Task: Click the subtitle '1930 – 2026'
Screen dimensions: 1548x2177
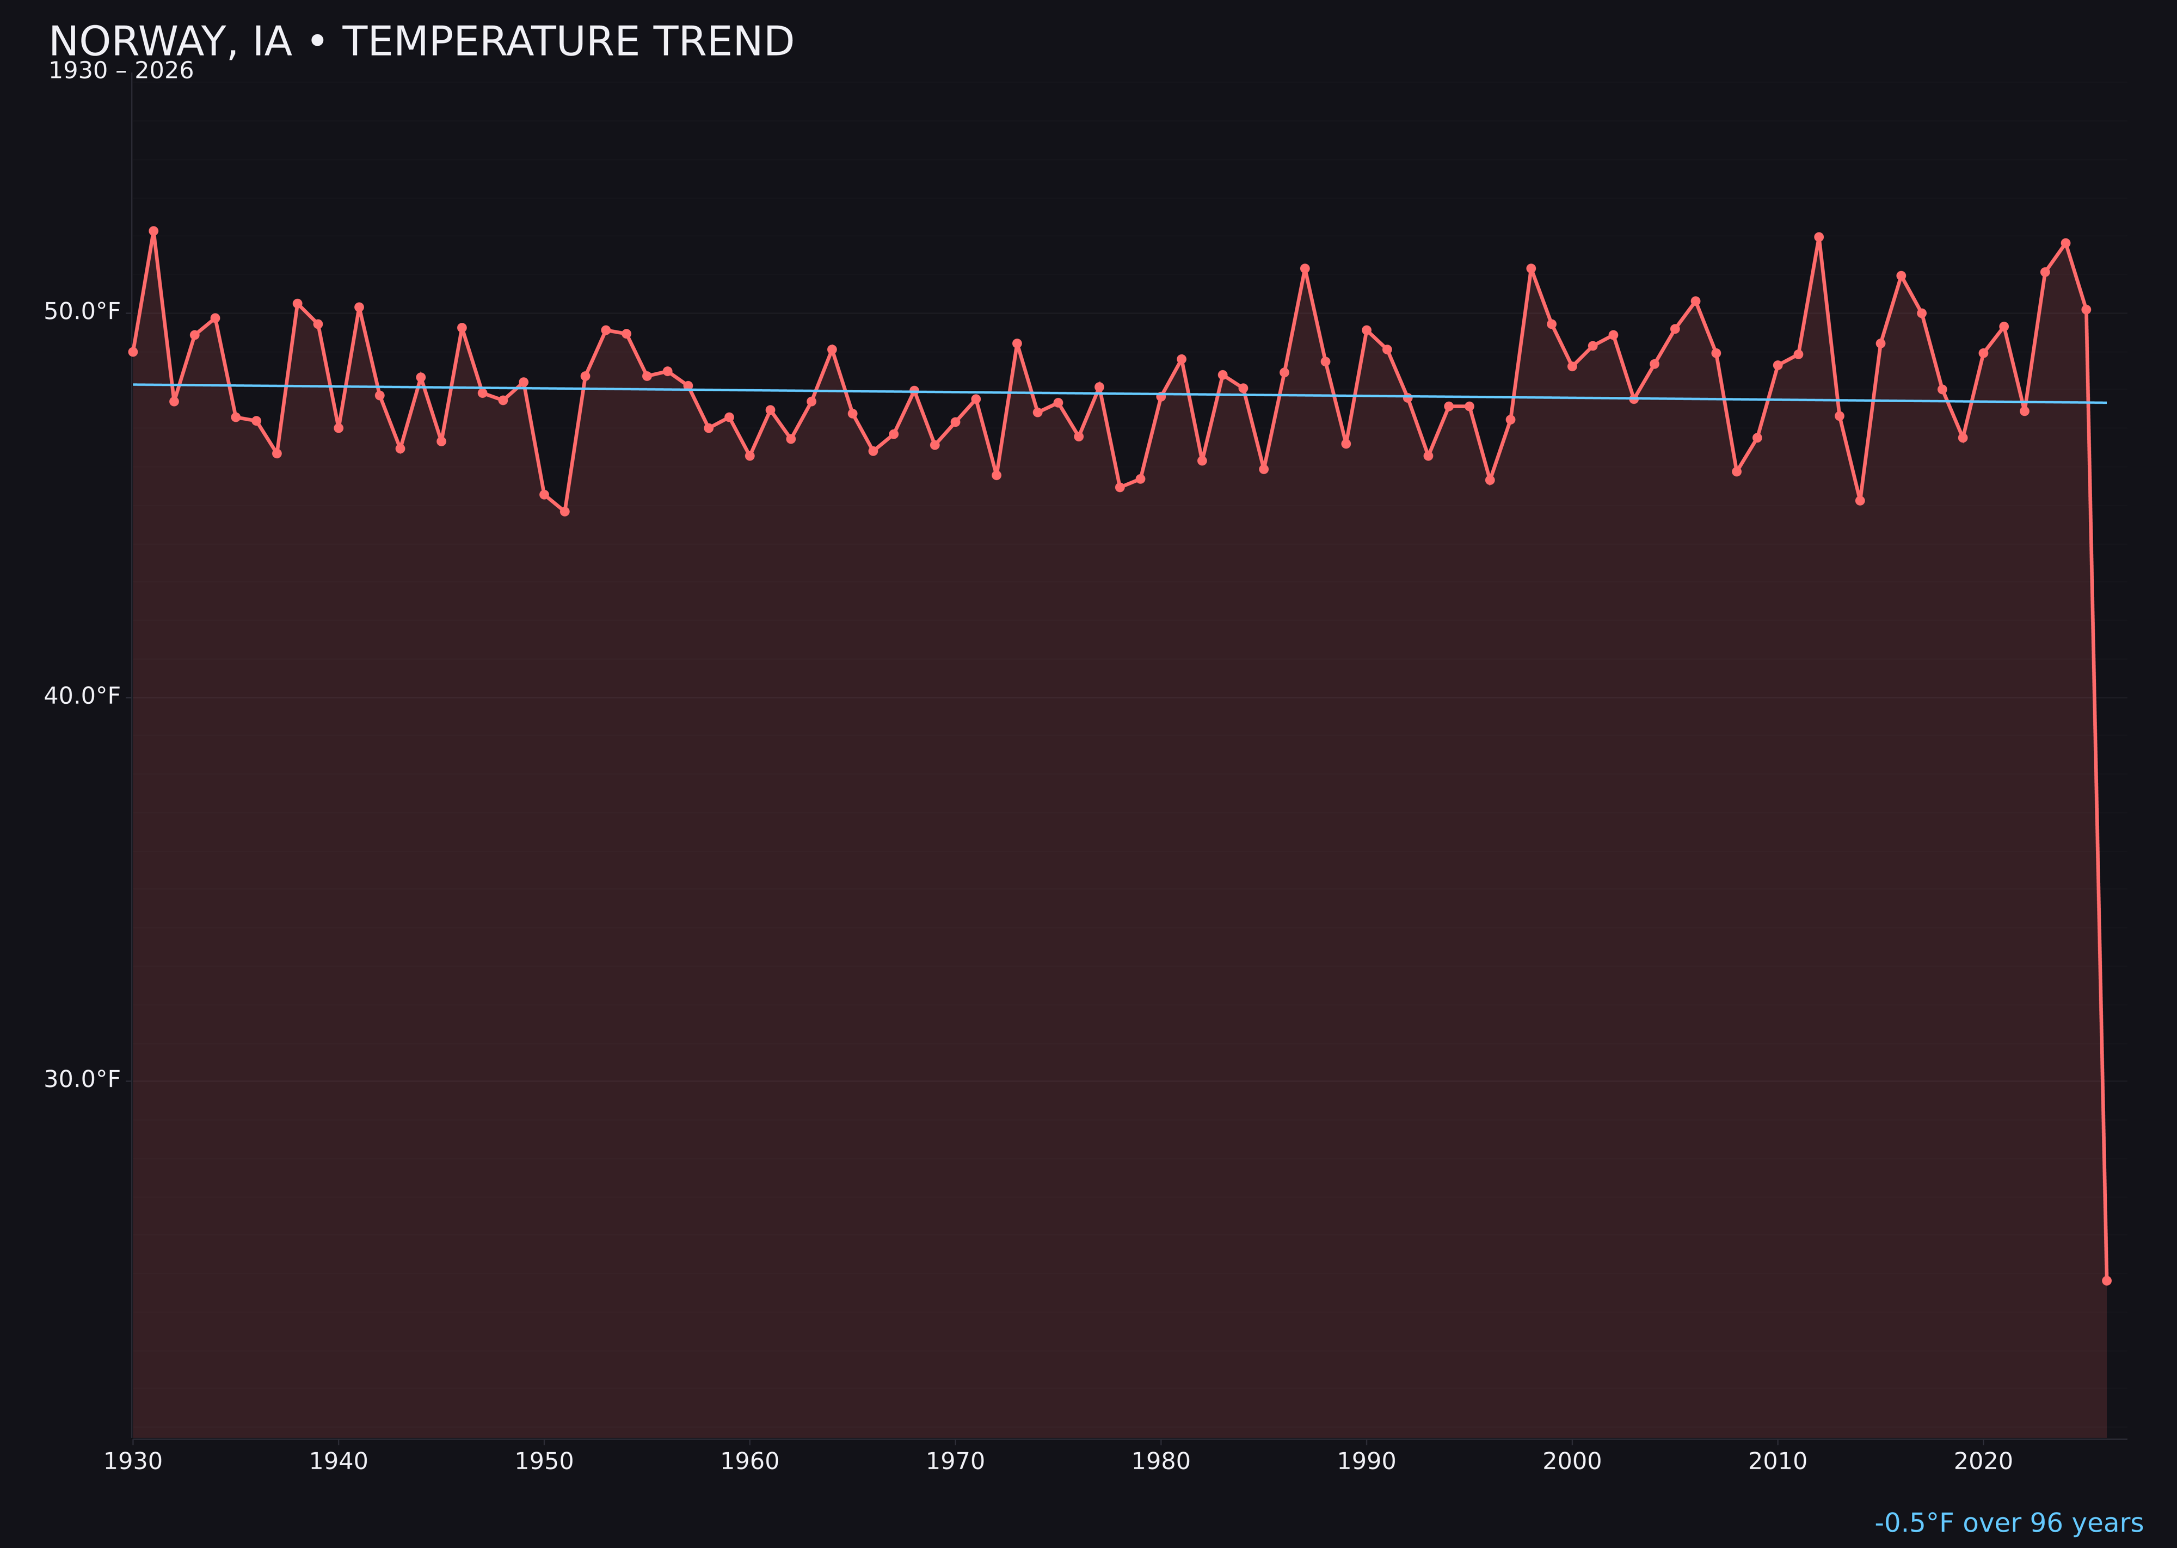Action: pos(121,71)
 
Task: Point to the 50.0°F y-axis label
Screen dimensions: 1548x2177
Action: pos(82,312)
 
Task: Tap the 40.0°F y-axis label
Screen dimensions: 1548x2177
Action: pos(82,696)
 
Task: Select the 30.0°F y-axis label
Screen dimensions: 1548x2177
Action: pos(82,1079)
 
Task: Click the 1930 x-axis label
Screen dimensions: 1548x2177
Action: pos(133,1461)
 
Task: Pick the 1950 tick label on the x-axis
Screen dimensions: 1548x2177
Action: pos(544,1461)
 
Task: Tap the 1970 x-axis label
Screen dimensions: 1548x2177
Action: pos(955,1461)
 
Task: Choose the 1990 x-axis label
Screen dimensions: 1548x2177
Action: pos(1366,1461)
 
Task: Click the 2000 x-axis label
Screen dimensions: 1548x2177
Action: pos(1572,1461)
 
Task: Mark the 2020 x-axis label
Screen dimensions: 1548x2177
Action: pos(1983,1461)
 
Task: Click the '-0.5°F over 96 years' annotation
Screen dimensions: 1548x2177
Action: pos(2008,1523)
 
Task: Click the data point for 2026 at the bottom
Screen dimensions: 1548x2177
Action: pos(2106,1280)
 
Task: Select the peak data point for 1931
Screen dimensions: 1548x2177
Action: pos(153,231)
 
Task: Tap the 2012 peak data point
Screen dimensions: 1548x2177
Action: pos(1819,237)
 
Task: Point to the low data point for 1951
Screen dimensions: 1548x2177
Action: pos(564,512)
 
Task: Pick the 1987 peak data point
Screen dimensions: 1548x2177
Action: pos(1305,269)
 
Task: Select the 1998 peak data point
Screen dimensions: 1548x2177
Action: pos(1531,269)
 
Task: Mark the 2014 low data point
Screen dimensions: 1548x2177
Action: pos(1860,500)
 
